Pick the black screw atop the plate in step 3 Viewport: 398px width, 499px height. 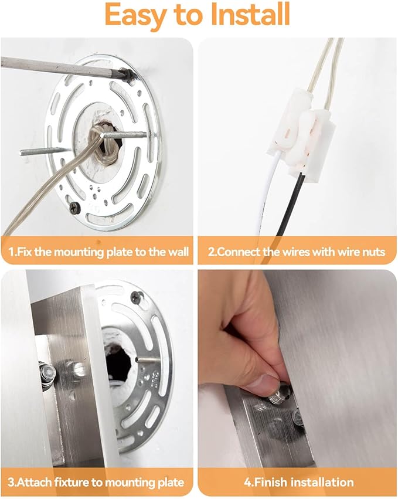[x=137, y=297]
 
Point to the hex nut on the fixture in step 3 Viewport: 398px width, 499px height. [x=47, y=371]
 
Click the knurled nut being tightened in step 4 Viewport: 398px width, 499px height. [x=278, y=395]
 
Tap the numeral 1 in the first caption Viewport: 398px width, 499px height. [x=11, y=252]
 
